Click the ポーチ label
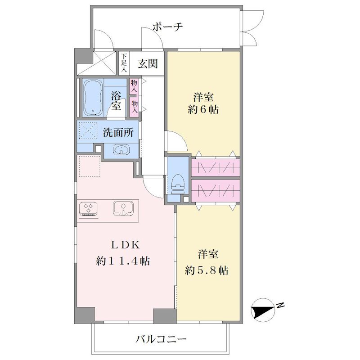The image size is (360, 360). click(x=167, y=27)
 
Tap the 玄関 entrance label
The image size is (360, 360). click(x=148, y=63)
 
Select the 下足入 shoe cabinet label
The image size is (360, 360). click(x=124, y=63)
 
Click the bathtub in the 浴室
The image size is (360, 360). click(x=93, y=98)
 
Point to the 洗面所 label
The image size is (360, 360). click(x=118, y=132)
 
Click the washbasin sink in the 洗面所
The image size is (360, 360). click(x=121, y=150)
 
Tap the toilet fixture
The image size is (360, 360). click(x=178, y=184)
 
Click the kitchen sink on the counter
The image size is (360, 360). click(x=123, y=208)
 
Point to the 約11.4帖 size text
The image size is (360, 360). click(x=123, y=261)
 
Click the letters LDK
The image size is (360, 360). click(x=126, y=245)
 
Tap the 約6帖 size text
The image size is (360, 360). click(x=203, y=109)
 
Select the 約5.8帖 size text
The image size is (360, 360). click(x=207, y=271)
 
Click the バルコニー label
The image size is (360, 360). click(x=161, y=339)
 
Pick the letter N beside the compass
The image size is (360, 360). click(x=280, y=306)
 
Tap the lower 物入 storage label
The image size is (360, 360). click(x=135, y=107)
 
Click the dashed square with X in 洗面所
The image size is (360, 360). click(x=88, y=130)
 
